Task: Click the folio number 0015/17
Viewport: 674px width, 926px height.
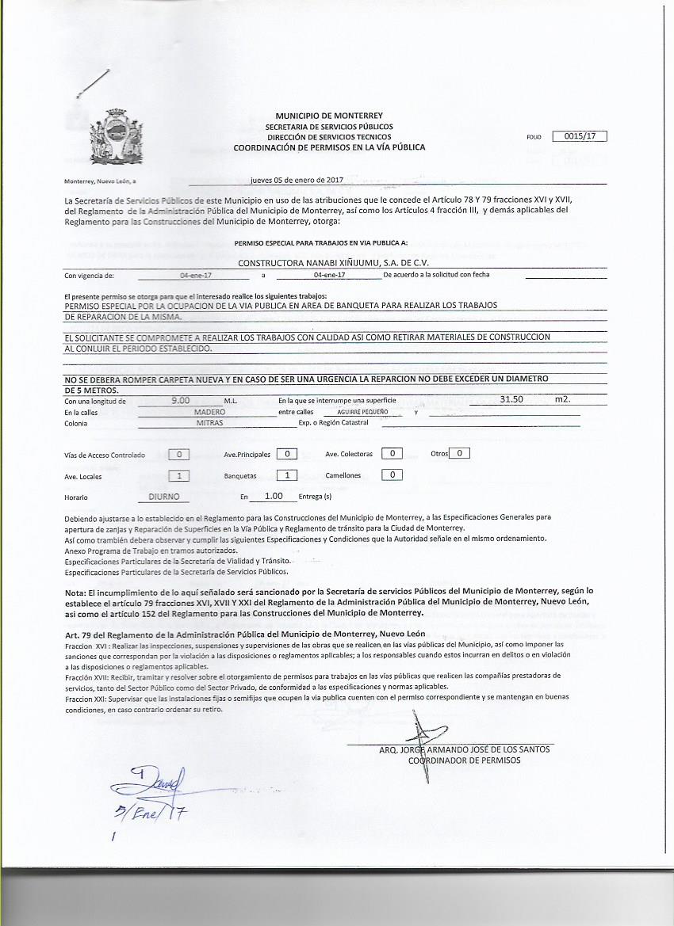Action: (580, 136)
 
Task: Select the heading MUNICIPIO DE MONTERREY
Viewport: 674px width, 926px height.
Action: (329, 116)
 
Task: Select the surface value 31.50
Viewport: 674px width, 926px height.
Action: (517, 400)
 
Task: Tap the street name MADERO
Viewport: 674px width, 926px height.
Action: (209, 412)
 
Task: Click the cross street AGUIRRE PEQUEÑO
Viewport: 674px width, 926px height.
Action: (362, 413)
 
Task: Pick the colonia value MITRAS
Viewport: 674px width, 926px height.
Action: (209, 423)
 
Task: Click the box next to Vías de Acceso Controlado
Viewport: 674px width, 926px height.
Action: (181, 455)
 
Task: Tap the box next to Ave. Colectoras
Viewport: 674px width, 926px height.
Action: (391, 454)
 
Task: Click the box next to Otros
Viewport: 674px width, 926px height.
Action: (460, 454)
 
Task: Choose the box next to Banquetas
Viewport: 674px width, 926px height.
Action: (286, 475)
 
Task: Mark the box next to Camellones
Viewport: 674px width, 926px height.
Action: (391, 475)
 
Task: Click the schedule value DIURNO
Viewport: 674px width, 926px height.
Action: (168, 497)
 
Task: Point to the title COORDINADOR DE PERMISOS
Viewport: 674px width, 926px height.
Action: (464, 760)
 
